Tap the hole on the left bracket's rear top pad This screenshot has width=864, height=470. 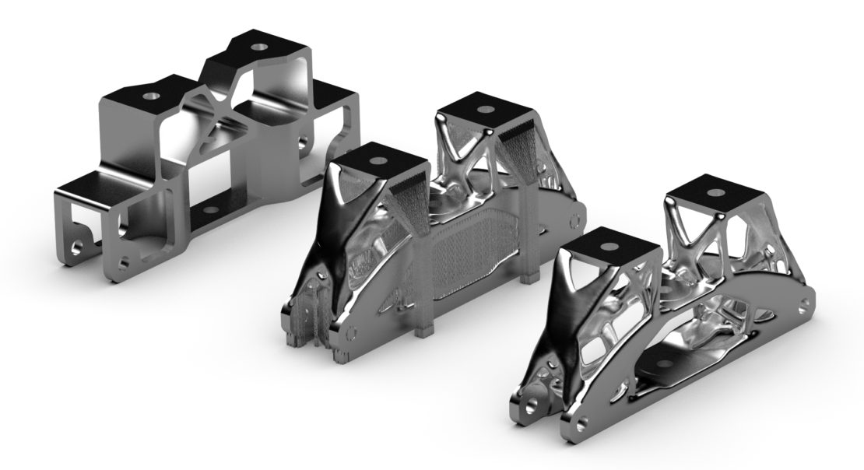(x=256, y=47)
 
